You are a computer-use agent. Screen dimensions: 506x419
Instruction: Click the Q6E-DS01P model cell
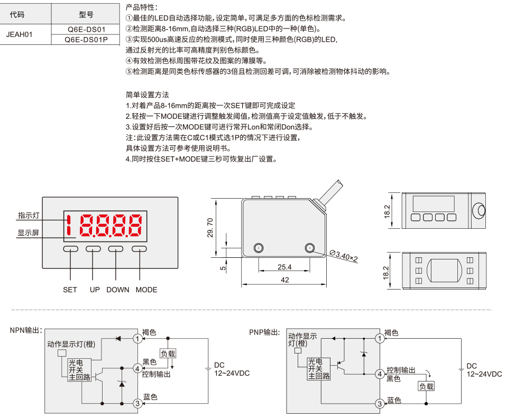click(x=86, y=40)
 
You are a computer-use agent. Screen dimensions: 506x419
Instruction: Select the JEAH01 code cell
click(x=20, y=34)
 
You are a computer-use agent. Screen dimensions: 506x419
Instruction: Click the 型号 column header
click(x=86, y=14)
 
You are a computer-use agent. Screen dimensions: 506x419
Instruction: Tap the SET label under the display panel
click(x=70, y=290)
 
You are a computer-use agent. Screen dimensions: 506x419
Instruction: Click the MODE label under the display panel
click(x=146, y=290)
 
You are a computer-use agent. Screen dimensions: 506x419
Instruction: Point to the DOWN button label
click(x=118, y=290)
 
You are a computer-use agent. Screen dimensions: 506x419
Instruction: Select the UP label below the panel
click(x=95, y=290)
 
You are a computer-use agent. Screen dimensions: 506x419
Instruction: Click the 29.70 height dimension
click(x=210, y=228)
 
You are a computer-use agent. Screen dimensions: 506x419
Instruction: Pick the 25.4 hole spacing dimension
click(x=284, y=267)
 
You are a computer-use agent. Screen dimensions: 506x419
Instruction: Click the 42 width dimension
click(x=284, y=280)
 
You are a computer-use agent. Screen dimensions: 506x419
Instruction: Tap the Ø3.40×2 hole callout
click(x=344, y=256)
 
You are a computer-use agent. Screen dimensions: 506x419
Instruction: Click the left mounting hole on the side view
click(x=259, y=248)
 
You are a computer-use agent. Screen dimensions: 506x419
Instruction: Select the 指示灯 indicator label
click(x=29, y=216)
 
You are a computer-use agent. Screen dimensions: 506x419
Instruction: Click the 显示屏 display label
click(x=29, y=233)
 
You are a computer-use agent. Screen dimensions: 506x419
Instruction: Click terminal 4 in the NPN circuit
click(x=137, y=368)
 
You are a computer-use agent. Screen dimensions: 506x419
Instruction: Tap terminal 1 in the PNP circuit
click(x=380, y=339)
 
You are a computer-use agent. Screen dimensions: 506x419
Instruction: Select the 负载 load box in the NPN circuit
click(x=168, y=353)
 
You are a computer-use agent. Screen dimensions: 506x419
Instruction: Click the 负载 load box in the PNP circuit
click(x=426, y=386)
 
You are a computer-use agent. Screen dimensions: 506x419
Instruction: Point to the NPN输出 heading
click(x=26, y=330)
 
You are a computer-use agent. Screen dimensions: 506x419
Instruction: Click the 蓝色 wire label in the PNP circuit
click(x=394, y=401)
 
